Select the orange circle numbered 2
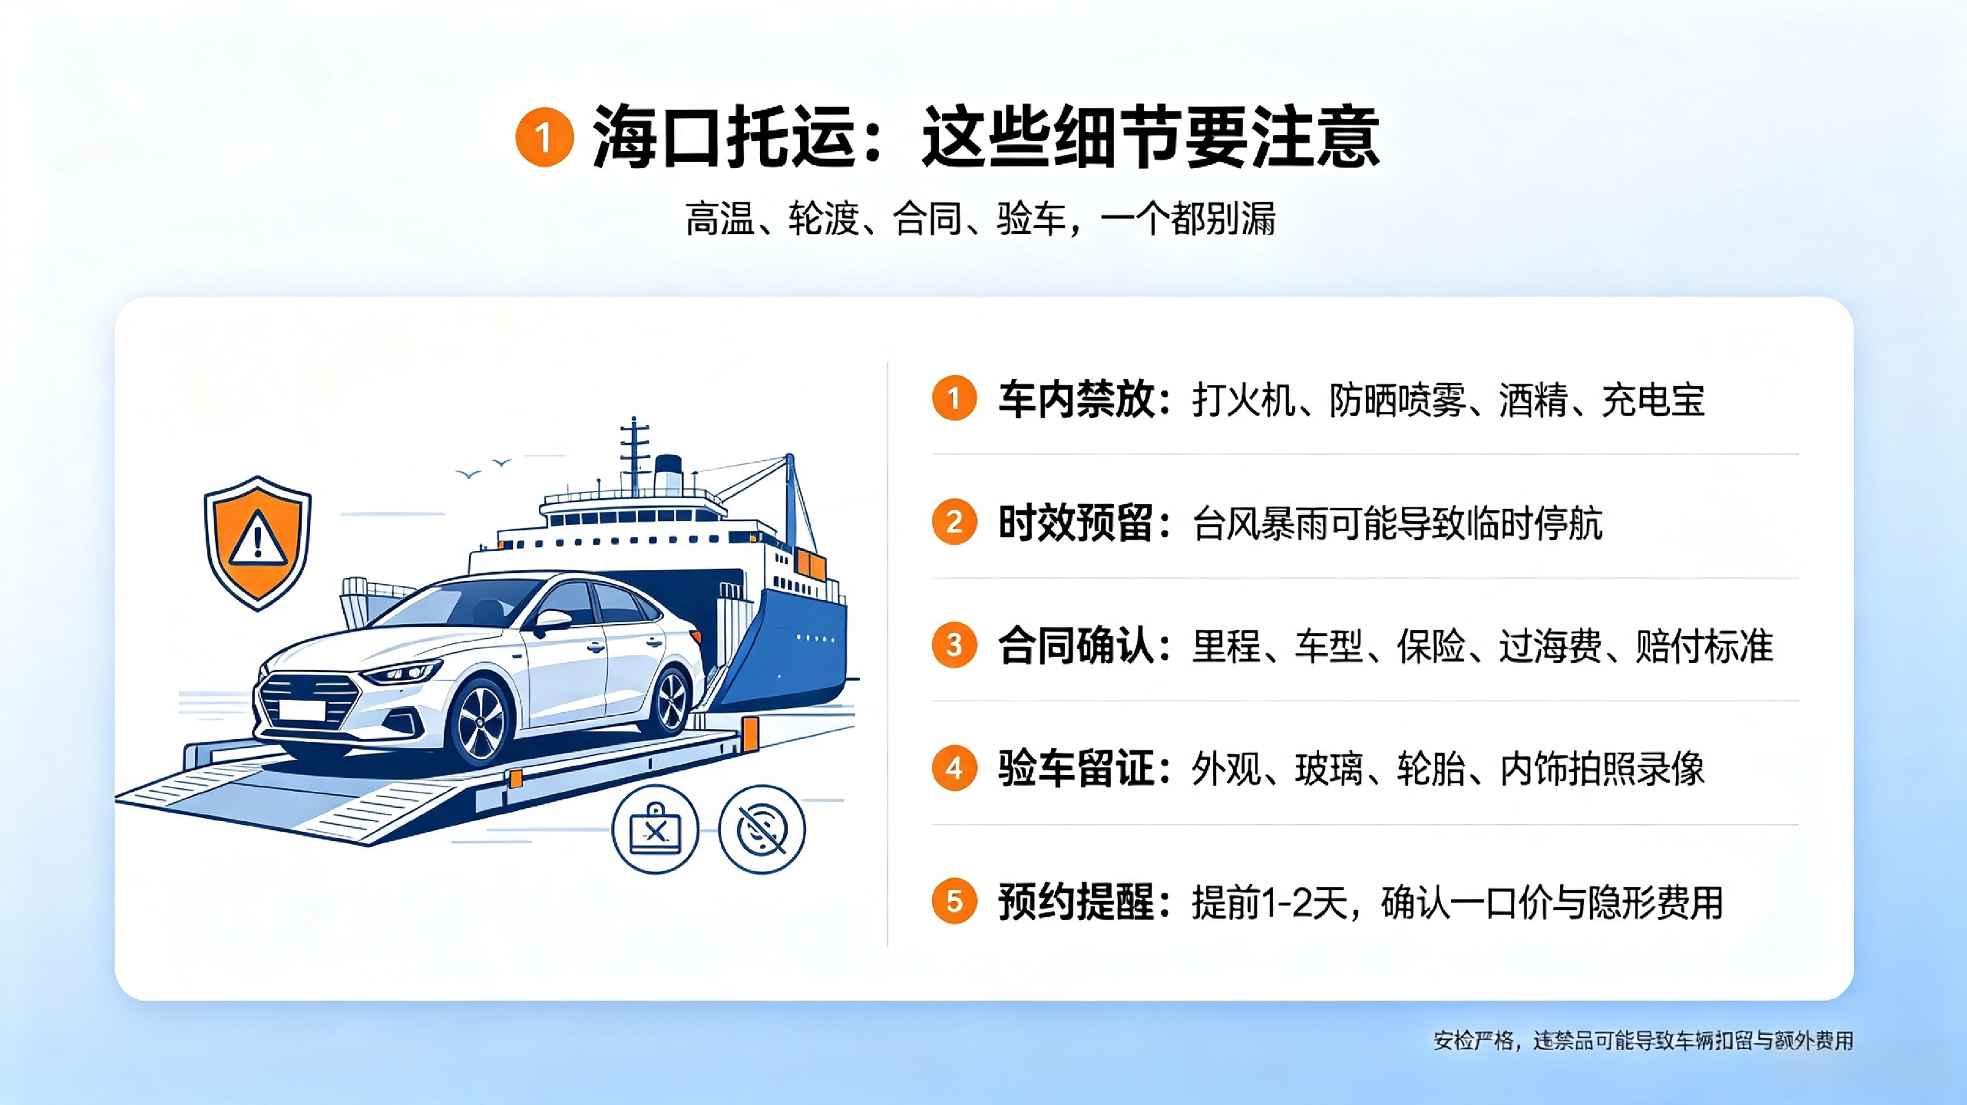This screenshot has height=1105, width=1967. click(x=954, y=522)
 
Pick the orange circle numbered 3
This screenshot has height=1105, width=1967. click(x=954, y=645)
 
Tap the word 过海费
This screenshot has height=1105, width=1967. click(x=1551, y=646)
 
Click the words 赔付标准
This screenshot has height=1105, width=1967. click(x=1704, y=646)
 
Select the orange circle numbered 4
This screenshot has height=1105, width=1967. click(x=954, y=768)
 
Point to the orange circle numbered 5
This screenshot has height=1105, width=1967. click(x=954, y=901)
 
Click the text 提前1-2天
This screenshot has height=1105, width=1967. click(x=1268, y=903)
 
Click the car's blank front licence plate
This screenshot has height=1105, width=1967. click(x=303, y=710)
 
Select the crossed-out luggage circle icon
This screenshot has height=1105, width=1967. click(x=655, y=829)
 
